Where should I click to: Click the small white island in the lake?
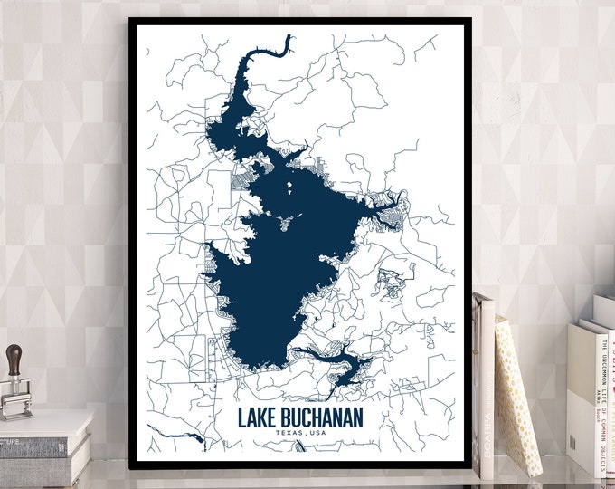[290, 188]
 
